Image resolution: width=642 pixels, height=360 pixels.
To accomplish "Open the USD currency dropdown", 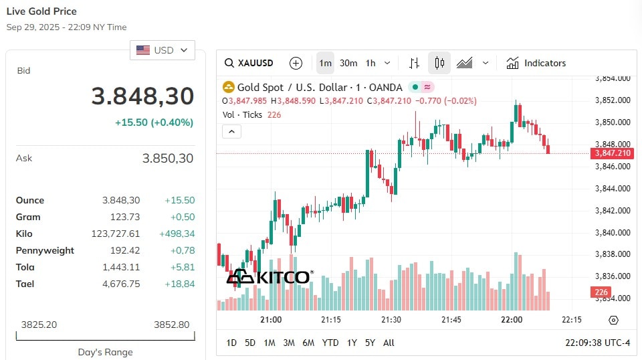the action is (x=162, y=50).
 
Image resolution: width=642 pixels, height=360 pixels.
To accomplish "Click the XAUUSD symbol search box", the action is (x=249, y=63).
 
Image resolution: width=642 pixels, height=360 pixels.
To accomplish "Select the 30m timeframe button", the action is (x=348, y=63).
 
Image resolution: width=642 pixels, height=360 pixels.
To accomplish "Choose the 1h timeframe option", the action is (x=370, y=63).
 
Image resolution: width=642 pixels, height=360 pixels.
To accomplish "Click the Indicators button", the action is (x=536, y=63).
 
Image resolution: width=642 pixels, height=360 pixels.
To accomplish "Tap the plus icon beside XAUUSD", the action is (x=296, y=63).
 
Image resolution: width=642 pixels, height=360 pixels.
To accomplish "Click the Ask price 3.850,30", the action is (x=167, y=158).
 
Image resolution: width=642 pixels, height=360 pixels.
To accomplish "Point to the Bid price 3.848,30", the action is (x=142, y=96).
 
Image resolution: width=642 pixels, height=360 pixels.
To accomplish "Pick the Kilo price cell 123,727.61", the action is (x=116, y=234).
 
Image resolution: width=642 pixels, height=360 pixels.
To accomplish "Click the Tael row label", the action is (x=25, y=284).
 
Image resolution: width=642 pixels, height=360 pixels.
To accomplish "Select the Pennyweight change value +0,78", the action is (x=183, y=250).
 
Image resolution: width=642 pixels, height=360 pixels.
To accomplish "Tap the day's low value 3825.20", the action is (x=39, y=325).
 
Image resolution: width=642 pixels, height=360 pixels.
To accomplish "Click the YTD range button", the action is (x=330, y=343).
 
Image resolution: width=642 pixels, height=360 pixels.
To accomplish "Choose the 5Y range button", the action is (x=370, y=343).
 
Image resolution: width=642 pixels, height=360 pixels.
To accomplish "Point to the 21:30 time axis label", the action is (x=391, y=319).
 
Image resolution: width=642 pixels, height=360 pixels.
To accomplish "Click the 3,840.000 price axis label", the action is (x=613, y=233).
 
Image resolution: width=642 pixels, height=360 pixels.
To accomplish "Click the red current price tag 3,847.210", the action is (x=612, y=153).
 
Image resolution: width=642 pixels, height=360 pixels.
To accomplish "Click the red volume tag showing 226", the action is (x=601, y=292).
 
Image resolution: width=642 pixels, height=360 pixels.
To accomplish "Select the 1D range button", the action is (x=231, y=343).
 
